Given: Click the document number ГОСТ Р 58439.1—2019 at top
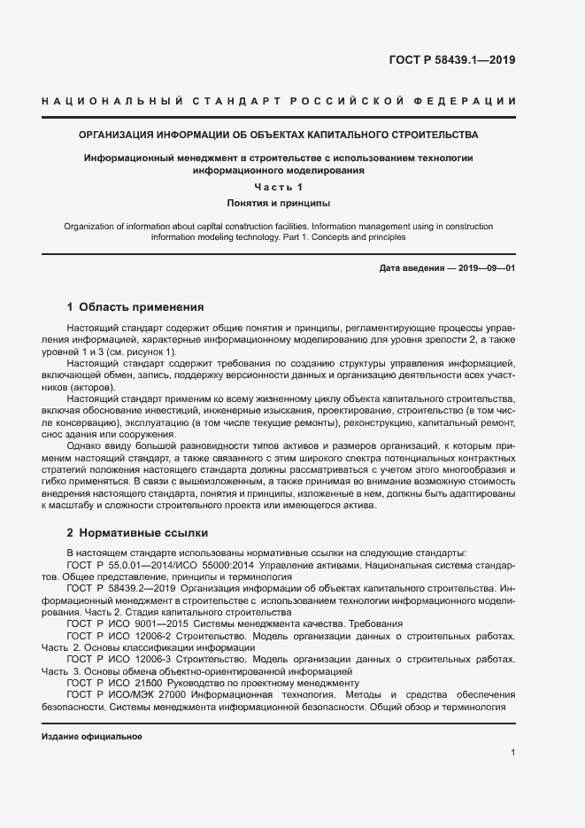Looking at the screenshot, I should click(451, 60).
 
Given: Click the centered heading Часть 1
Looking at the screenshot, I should click(279, 187).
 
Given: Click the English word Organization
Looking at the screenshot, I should click(92, 227).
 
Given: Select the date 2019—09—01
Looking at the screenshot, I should click(485, 267).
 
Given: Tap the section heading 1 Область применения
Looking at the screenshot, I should click(135, 307).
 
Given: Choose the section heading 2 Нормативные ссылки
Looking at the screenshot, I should click(137, 534).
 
